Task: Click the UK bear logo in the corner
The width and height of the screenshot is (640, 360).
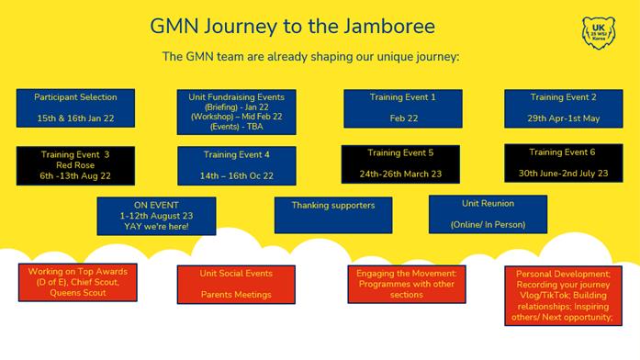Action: (599, 33)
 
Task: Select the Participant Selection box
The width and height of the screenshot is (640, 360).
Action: (75, 108)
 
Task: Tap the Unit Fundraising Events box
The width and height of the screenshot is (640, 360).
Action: (236, 112)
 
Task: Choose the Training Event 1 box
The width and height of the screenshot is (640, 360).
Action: (403, 108)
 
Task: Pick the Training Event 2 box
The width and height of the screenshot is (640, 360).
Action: (564, 108)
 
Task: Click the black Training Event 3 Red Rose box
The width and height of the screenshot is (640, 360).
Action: (75, 165)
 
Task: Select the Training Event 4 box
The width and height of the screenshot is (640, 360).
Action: (237, 165)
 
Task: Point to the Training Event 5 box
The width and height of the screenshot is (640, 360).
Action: (400, 164)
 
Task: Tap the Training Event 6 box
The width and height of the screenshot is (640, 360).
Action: (564, 163)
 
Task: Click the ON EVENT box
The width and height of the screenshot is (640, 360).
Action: (156, 216)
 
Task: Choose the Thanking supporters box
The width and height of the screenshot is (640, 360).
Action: (333, 215)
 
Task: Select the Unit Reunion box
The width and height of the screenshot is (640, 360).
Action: (488, 214)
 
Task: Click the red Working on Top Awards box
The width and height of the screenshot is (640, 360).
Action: (77, 283)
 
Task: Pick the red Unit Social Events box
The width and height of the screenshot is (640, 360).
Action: (236, 285)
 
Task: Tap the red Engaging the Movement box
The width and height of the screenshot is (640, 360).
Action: (407, 284)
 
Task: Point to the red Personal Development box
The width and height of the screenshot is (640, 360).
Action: (563, 296)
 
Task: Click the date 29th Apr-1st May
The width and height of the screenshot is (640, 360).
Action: (563, 118)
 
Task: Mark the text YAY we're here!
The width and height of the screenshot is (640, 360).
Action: (156, 227)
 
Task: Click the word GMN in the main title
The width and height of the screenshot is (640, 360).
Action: (174, 26)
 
